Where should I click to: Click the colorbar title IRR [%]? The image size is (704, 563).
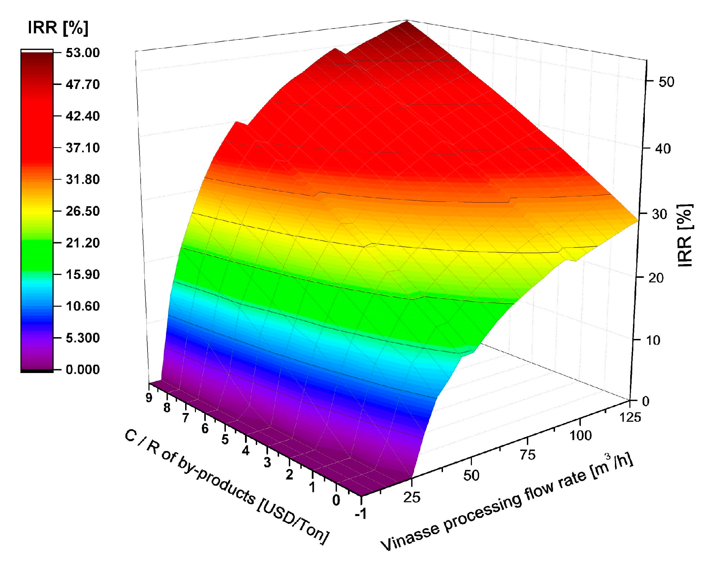click(x=58, y=27)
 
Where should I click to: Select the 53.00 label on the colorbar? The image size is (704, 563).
click(x=82, y=53)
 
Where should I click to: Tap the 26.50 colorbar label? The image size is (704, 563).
click(x=82, y=211)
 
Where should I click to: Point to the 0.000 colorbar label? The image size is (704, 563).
click(x=82, y=370)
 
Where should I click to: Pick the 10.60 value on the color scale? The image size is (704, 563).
click(x=82, y=306)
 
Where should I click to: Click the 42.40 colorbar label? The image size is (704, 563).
click(x=82, y=116)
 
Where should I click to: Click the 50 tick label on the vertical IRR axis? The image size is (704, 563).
click(x=666, y=82)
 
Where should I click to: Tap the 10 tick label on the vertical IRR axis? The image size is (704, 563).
click(x=653, y=340)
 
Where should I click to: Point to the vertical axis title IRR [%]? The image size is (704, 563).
click(x=685, y=235)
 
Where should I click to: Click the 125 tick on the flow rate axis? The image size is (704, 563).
click(x=630, y=417)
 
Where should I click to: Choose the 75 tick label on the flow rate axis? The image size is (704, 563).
click(x=528, y=455)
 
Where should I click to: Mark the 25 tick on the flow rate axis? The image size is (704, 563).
click(x=412, y=498)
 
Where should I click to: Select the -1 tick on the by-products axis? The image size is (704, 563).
click(x=361, y=513)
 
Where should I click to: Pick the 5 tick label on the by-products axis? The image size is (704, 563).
click(x=225, y=440)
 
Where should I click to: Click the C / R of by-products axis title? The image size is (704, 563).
click(x=226, y=487)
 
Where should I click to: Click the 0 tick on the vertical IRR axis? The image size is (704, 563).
click(x=646, y=401)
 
